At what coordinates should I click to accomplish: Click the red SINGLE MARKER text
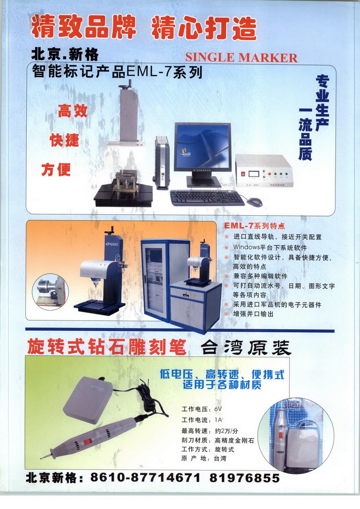coord(241,58)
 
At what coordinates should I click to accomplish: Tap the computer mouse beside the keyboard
coord(254,201)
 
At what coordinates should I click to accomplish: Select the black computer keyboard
coord(207,198)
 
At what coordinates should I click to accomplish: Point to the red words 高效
coord(73,111)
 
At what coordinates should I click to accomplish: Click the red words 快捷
coord(64,140)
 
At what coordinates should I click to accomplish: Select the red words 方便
coord(56,170)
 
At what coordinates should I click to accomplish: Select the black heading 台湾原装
coord(246,348)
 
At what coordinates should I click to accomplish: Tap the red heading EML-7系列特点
coord(254,226)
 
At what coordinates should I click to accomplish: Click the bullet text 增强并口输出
coord(253,314)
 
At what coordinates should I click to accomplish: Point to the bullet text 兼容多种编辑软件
coord(260,276)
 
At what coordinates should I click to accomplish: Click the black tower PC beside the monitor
coord(162,163)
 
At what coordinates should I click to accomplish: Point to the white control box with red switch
coord(264,171)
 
